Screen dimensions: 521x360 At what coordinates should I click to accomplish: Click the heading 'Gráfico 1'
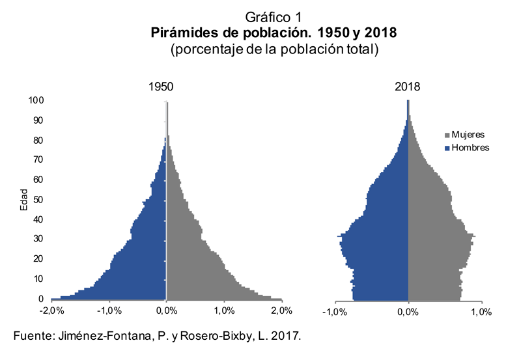click(274, 18)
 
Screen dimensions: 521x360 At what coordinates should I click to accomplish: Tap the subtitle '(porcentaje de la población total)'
click(274, 49)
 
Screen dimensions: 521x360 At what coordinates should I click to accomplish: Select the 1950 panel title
click(161, 87)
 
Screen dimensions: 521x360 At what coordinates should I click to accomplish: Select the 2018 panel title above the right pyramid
click(408, 87)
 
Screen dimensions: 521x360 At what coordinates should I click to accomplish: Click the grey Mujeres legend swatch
click(447, 135)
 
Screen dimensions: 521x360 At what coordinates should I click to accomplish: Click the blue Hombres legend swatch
click(447, 148)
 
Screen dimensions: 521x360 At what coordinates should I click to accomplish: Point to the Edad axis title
click(23, 200)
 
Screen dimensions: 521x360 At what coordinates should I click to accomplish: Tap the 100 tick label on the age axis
click(36, 100)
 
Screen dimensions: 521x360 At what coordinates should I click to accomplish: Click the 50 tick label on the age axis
click(38, 200)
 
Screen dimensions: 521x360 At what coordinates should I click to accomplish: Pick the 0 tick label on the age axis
click(41, 299)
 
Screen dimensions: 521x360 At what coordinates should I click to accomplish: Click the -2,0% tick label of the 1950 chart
click(51, 311)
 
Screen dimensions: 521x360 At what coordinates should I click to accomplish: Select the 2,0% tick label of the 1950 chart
click(282, 311)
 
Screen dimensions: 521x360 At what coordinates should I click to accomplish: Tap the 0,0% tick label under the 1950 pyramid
click(166, 311)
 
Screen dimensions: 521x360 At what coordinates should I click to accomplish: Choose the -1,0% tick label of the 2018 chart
click(335, 312)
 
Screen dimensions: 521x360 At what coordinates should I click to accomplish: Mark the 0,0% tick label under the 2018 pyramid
click(408, 312)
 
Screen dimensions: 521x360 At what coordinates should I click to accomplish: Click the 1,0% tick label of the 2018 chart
click(481, 312)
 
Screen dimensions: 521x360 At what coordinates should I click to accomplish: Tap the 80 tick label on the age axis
click(38, 141)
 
